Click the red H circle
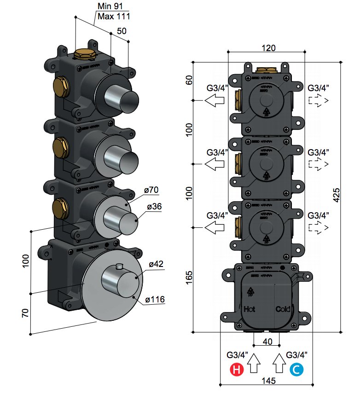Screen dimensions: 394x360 click(236, 369)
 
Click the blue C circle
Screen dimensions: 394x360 click(296, 369)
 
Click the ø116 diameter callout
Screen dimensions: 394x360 click(155, 300)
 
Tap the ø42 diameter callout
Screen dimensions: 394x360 click(157, 264)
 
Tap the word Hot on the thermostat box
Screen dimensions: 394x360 click(250, 309)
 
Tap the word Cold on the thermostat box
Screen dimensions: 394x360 click(283, 309)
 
